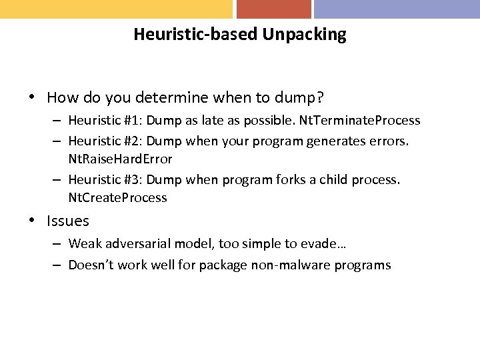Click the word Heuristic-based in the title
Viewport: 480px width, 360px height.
[x=196, y=34]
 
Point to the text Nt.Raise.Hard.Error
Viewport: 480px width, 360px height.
[x=121, y=159]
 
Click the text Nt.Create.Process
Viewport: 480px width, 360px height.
[x=118, y=198]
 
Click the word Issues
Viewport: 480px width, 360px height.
[x=68, y=221]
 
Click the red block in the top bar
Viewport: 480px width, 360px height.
[x=273, y=9]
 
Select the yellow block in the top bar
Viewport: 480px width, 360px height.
[x=116, y=9]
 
